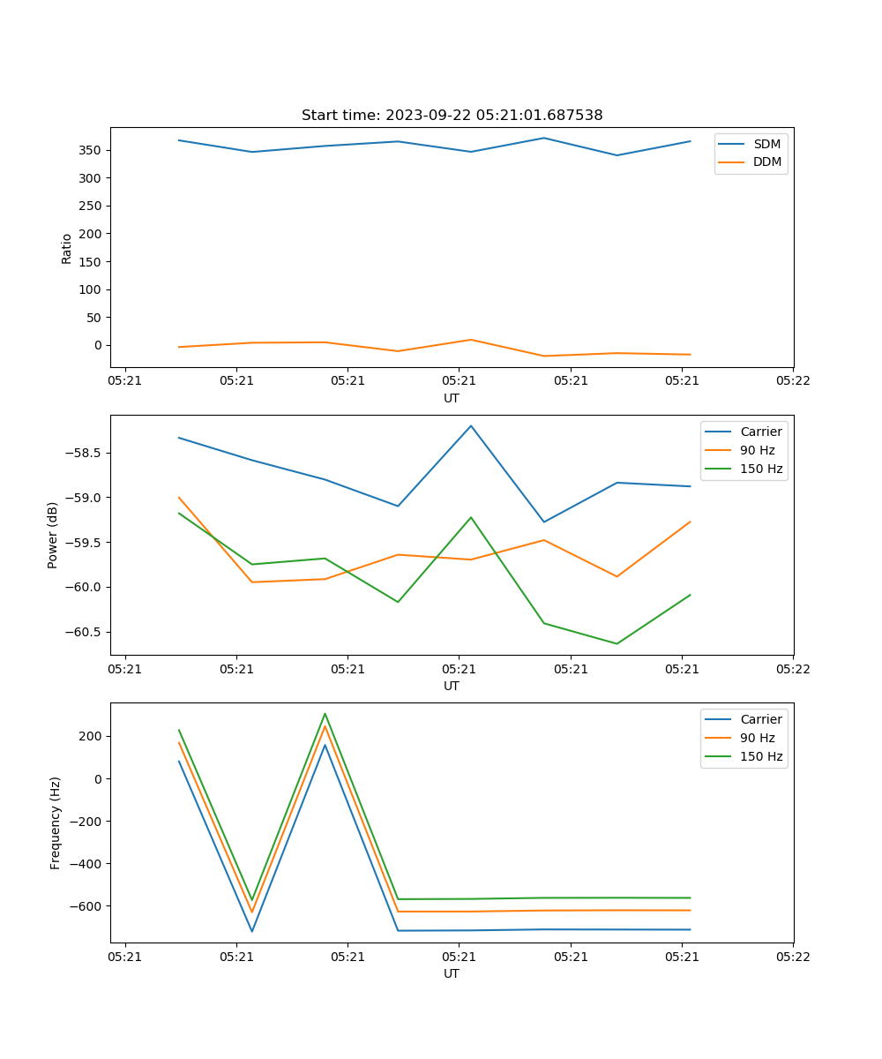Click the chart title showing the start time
tap(452, 116)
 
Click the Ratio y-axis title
tap(67, 248)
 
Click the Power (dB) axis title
tap(53, 535)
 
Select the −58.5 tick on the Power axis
tap(84, 453)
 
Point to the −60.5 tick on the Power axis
tap(84, 632)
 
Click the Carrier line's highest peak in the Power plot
tap(471, 425)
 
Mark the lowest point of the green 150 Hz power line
tap(617, 643)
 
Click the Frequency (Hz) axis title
tap(56, 822)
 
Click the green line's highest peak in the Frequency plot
tap(325, 713)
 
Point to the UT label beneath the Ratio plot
tap(452, 398)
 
